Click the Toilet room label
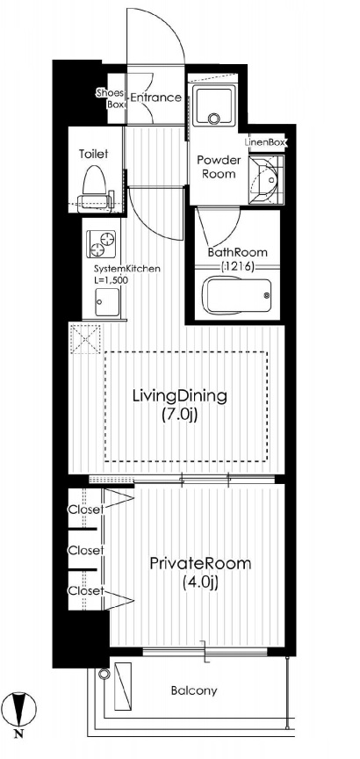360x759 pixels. (x=93, y=155)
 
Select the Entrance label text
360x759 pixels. (x=155, y=98)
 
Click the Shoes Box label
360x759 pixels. (x=111, y=98)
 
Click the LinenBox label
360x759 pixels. (x=266, y=142)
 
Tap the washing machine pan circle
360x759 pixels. (x=213, y=119)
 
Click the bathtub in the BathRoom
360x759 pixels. (x=237, y=295)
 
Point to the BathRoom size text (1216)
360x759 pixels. (x=237, y=266)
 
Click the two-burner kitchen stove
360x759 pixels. (x=102, y=243)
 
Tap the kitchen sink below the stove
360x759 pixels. (x=107, y=302)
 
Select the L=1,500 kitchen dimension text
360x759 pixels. (x=111, y=279)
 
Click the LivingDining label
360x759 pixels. (x=179, y=396)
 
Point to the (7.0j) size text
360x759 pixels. (x=179, y=415)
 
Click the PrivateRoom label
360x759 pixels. (x=200, y=564)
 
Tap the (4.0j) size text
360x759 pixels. (x=200, y=583)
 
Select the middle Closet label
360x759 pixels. (x=86, y=551)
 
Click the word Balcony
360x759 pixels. (x=194, y=690)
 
